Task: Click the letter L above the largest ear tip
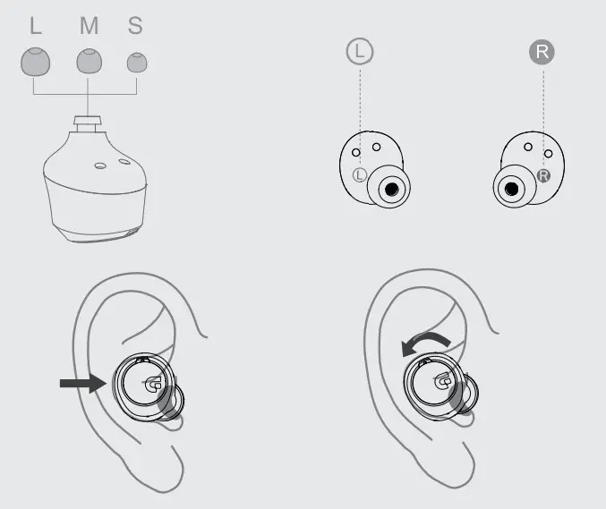(36, 25)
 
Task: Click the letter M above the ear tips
(89, 25)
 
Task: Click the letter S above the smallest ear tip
(135, 25)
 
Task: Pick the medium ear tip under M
(88, 61)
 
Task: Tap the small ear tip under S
(137, 62)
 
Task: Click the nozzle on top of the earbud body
(87, 122)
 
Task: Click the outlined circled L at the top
(359, 52)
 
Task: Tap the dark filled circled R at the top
(542, 52)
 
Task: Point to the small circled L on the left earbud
(360, 174)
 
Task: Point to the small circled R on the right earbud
(542, 175)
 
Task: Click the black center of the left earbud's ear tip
(389, 189)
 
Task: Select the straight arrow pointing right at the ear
(82, 383)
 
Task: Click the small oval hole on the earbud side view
(124, 165)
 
